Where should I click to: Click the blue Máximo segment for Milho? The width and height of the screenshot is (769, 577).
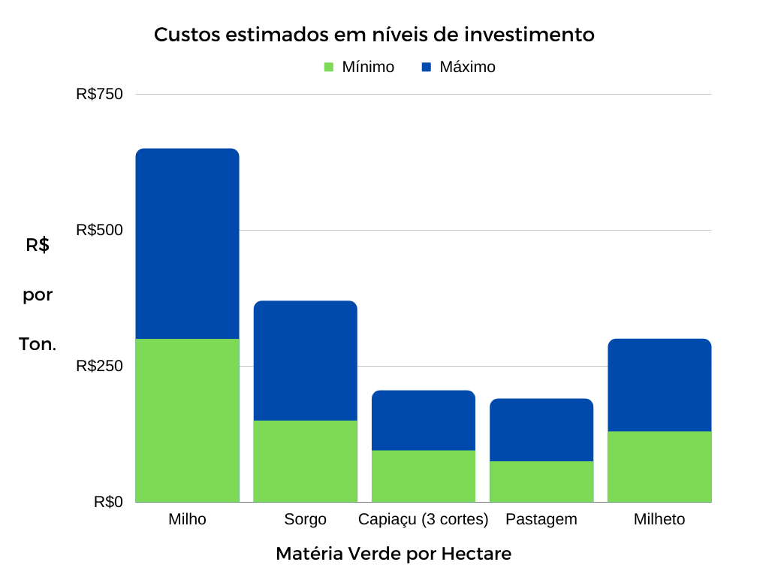tap(187, 243)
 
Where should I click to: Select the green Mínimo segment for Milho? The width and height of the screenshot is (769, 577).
tap(187, 420)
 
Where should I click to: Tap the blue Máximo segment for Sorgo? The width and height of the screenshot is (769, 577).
tap(305, 360)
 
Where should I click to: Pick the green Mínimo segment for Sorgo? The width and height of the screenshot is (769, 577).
tap(305, 461)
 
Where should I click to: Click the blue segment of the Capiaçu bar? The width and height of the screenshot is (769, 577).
tap(424, 420)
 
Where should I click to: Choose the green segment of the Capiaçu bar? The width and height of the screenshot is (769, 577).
tap(424, 476)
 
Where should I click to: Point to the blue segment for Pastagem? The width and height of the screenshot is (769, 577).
tap(541, 429)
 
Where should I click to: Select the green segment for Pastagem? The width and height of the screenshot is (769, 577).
tap(541, 481)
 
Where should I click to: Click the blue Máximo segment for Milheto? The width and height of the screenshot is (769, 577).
tap(659, 385)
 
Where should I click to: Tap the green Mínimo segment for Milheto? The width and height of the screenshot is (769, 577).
tap(659, 466)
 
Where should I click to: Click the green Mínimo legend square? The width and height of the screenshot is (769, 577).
tap(328, 67)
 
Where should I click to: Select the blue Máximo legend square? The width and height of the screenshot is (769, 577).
tap(427, 67)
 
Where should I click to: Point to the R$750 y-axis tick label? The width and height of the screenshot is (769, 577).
tap(99, 94)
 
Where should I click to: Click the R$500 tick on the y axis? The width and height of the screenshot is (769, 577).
tap(99, 230)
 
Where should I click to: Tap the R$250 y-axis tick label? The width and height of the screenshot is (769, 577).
tap(99, 366)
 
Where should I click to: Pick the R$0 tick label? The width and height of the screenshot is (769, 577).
tap(108, 502)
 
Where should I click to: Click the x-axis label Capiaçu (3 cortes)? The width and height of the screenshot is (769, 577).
tap(424, 519)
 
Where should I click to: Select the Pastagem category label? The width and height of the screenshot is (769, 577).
tap(541, 519)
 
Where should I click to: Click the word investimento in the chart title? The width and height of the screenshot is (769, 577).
tap(529, 35)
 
